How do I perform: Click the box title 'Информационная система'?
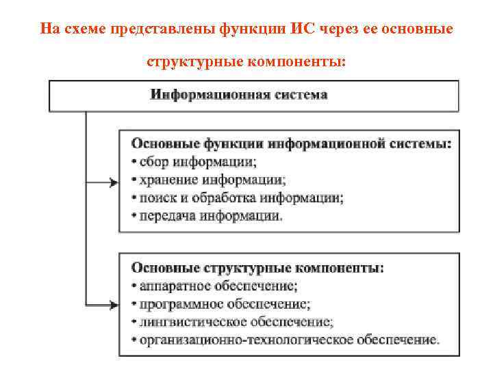tap(239, 95)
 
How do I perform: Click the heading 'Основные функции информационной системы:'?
tap(291, 144)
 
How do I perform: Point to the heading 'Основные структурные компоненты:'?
tap(257, 268)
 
